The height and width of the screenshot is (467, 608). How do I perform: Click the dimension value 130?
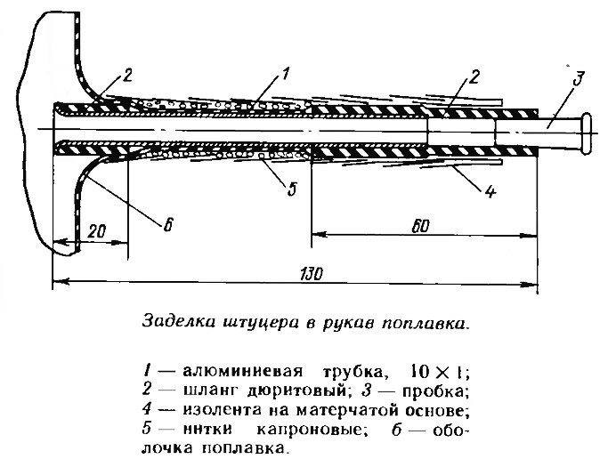pyautogui.click(x=312, y=274)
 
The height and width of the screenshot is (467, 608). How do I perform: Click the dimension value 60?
pyautogui.click(x=420, y=226)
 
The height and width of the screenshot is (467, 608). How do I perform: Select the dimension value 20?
pyautogui.click(x=97, y=231)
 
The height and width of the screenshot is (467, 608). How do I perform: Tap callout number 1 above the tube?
pyautogui.click(x=285, y=73)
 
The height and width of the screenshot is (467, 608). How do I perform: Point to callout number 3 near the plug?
pyautogui.click(x=578, y=78)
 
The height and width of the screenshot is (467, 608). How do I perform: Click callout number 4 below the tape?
pyautogui.click(x=490, y=191)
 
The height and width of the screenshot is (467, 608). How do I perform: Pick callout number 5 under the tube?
pyautogui.click(x=292, y=189)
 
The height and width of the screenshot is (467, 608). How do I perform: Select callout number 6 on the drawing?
pyautogui.click(x=167, y=224)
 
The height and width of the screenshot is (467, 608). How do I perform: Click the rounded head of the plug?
pyautogui.click(x=586, y=132)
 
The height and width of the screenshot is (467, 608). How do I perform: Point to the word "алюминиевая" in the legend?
pyautogui.click(x=242, y=371)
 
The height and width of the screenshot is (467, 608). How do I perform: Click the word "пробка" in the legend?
pyautogui.click(x=435, y=391)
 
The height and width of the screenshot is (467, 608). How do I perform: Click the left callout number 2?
pyautogui.click(x=126, y=76)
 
